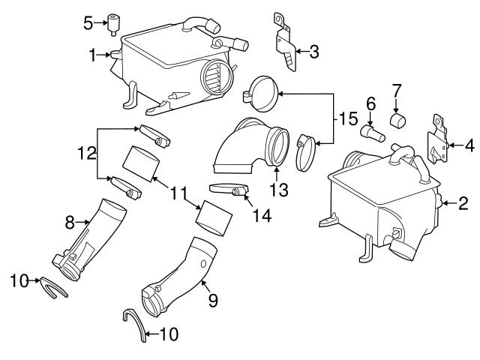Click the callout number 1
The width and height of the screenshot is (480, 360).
pyautogui.click(x=93, y=55)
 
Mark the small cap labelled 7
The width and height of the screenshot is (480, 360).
pyautogui.click(x=397, y=118)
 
